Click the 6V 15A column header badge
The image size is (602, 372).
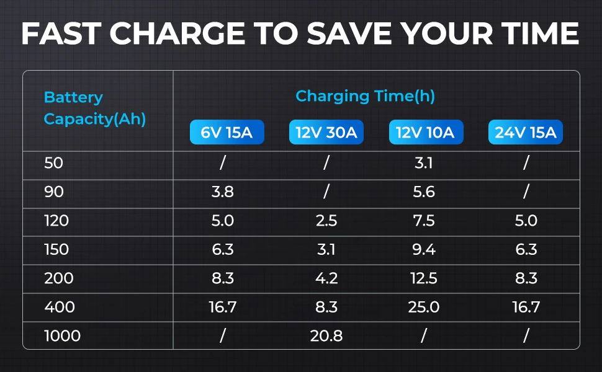(x=227, y=132)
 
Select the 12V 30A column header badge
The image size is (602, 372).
(x=326, y=132)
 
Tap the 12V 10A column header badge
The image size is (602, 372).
(x=426, y=132)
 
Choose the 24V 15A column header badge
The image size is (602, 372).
(x=525, y=132)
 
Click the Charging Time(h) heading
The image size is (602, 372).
(x=365, y=97)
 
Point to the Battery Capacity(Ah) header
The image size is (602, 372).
(x=94, y=108)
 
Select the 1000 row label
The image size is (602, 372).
(x=63, y=336)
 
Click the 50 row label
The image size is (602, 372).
(x=54, y=164)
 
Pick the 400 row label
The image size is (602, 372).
(x=60, y=307)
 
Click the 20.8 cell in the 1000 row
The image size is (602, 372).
(x=326, y=336)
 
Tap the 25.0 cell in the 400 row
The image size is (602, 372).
(x=424, y=307)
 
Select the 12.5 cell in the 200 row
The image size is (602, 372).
(x=424, y=278)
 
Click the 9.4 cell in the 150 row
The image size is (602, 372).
(x=424, y=250)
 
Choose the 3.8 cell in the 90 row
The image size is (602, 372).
(x=222, y=192)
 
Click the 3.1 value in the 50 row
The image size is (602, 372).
(x=424, y=164)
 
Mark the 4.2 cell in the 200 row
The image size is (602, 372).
(x=326, y=278)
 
